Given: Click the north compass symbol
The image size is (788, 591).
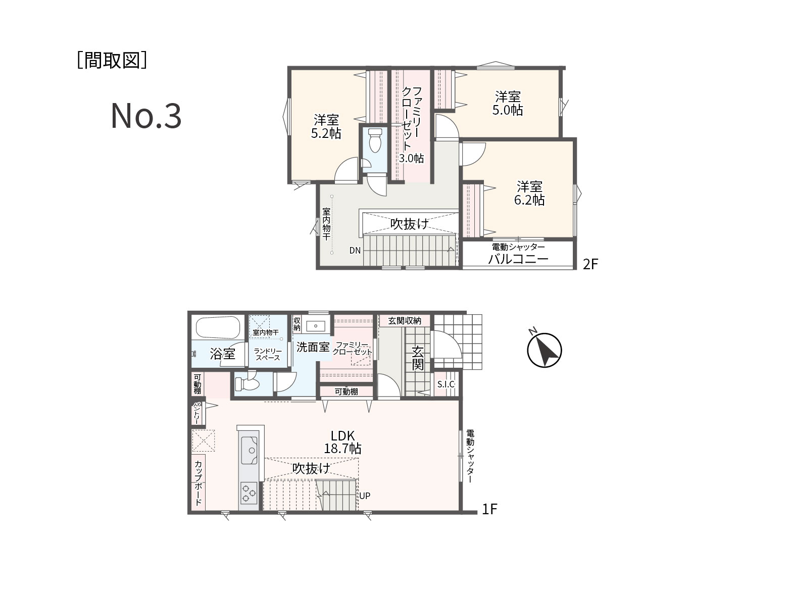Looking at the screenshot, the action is pyautogui.click(x=544, y=350).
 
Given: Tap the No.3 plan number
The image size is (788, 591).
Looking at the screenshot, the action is pyautogui.click(x=146, y=116).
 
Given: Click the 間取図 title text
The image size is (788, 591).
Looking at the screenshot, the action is pyautogui.click(x=112, y=61).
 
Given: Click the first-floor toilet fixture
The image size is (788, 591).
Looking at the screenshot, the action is pyautogui.click(x=247, y=383).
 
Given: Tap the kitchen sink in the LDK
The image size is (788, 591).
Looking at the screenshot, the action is pyautogui.click(x=249, y=450).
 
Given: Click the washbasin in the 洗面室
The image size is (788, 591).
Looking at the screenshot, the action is pyautogui.click(x=316, y=326).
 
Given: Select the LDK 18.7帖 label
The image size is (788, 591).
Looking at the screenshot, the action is pyautogui.click(x=342, y=442).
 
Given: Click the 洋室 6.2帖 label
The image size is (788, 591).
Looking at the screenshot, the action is pyautogui.click(x=529, y=193).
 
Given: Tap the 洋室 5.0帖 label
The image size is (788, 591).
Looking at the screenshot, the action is pyautogui.click(x=507, y=104).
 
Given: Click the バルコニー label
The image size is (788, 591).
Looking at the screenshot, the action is pyautogui.click(x=518, y=259).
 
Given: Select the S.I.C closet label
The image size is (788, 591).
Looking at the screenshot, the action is pyautogui.click(x=446, y=384).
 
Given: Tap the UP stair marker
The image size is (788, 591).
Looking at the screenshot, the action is pyautogui.click(x=365, y=496).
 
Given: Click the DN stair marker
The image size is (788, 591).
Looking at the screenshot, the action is pyautogui.click(x=355, y=251).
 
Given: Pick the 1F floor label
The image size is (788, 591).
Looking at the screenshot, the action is pyautogui.click(x=489, y=509).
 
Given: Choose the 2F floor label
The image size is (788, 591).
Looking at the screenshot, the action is pyautogui.click(x=590, y=264).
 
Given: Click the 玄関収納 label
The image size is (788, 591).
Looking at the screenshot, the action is pyautogui.click(x=405, y=320).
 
